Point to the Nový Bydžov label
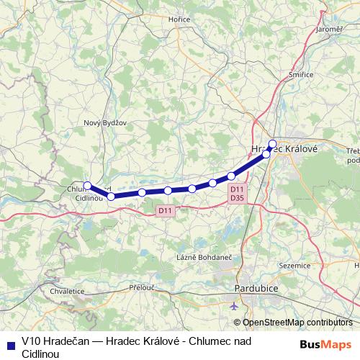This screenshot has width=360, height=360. pyautogui.click(x=105, y=122)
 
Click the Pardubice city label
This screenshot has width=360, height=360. pyautogui.click(x=256, y=289)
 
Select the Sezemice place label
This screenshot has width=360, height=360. pyautogui.click(x=293, y=265)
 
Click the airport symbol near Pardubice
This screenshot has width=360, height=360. pyautogui.click(x=235, y=305)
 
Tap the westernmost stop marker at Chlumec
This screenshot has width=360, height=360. pyautogui.click(x=87, y=185)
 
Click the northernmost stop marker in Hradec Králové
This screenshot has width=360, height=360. pyautogui.click(x=272, y=143)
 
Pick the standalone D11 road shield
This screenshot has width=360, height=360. pyautogui.click(x=165, y=210)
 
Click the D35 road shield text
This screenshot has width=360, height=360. pyautogui.click(x=237, y=197)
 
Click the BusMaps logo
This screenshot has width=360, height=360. pyautogui.click(x=326, y=344)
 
